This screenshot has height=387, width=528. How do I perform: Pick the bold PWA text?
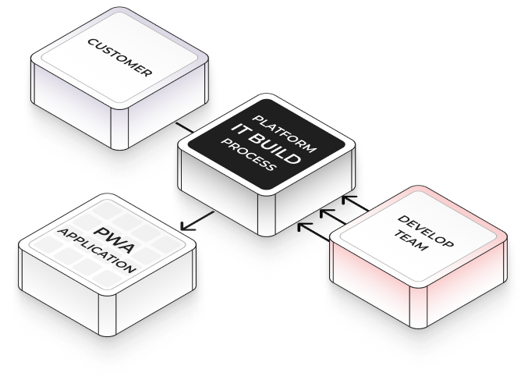110,235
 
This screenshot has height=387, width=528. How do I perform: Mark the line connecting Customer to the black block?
182,126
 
